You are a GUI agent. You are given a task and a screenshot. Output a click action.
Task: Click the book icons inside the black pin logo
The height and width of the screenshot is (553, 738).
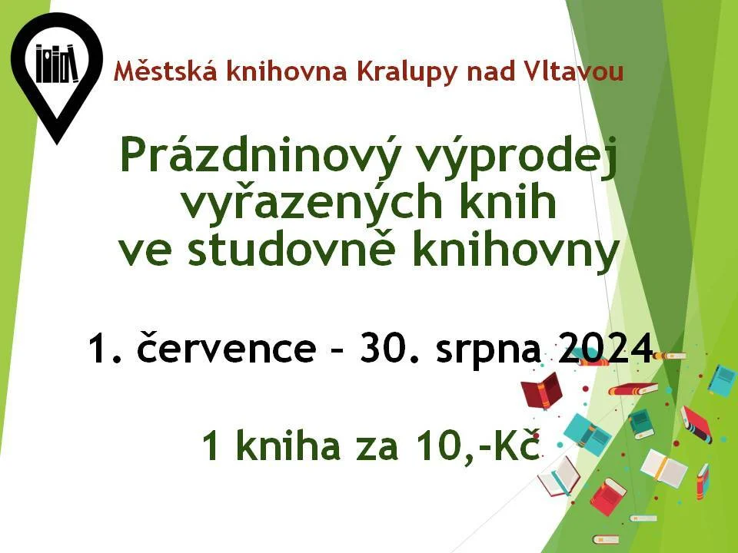[x=57, y=64]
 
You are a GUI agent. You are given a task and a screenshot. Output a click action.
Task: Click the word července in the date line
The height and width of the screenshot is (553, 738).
[x=226, y=347]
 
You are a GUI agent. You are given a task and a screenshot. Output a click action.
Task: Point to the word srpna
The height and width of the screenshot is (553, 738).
[x=487, y=351]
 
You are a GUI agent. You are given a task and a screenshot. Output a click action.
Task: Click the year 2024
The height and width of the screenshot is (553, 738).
[x=605, y=349]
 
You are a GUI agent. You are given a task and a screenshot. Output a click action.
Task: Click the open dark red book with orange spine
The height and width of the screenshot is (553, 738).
[x=542, y=390]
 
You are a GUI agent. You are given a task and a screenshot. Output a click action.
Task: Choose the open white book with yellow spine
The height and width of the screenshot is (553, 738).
[x=663, y=468]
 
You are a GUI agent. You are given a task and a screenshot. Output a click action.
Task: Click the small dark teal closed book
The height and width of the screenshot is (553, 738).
[x=641, y=424]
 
